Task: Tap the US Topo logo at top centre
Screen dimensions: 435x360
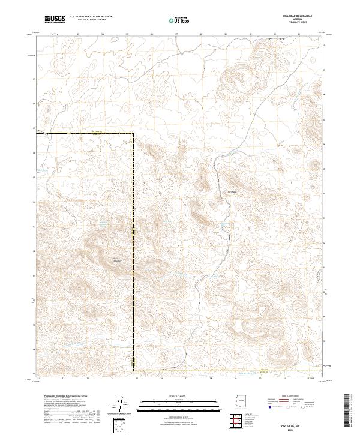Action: click(x=179, y=20)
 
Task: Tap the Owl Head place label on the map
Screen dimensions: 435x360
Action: click(x=232, y=192)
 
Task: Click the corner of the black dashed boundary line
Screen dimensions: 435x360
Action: click(x=133, y=133)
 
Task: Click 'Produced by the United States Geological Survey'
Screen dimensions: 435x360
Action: click(x=60, y=397)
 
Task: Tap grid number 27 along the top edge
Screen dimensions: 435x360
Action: click(x=176, y=34)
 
